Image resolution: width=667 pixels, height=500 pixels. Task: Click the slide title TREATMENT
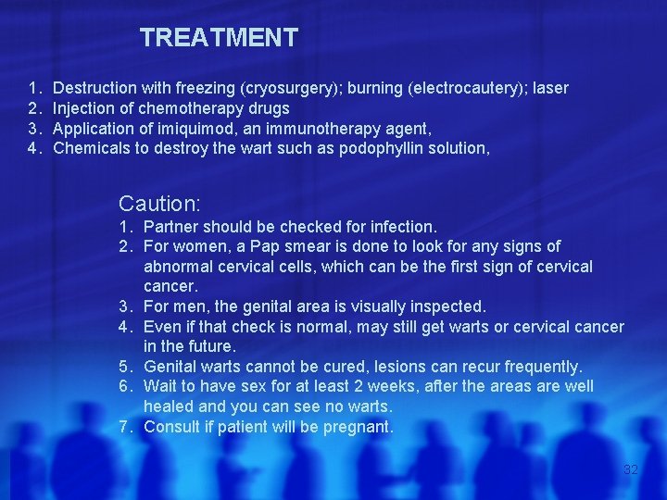tap(219, 38)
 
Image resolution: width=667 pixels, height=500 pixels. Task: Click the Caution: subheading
tap(160, 201)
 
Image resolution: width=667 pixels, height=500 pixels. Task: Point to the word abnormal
tap(177, 267)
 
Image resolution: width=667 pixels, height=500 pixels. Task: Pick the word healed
tap(170, 406)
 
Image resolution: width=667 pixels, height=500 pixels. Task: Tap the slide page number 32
tap(631, 470)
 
